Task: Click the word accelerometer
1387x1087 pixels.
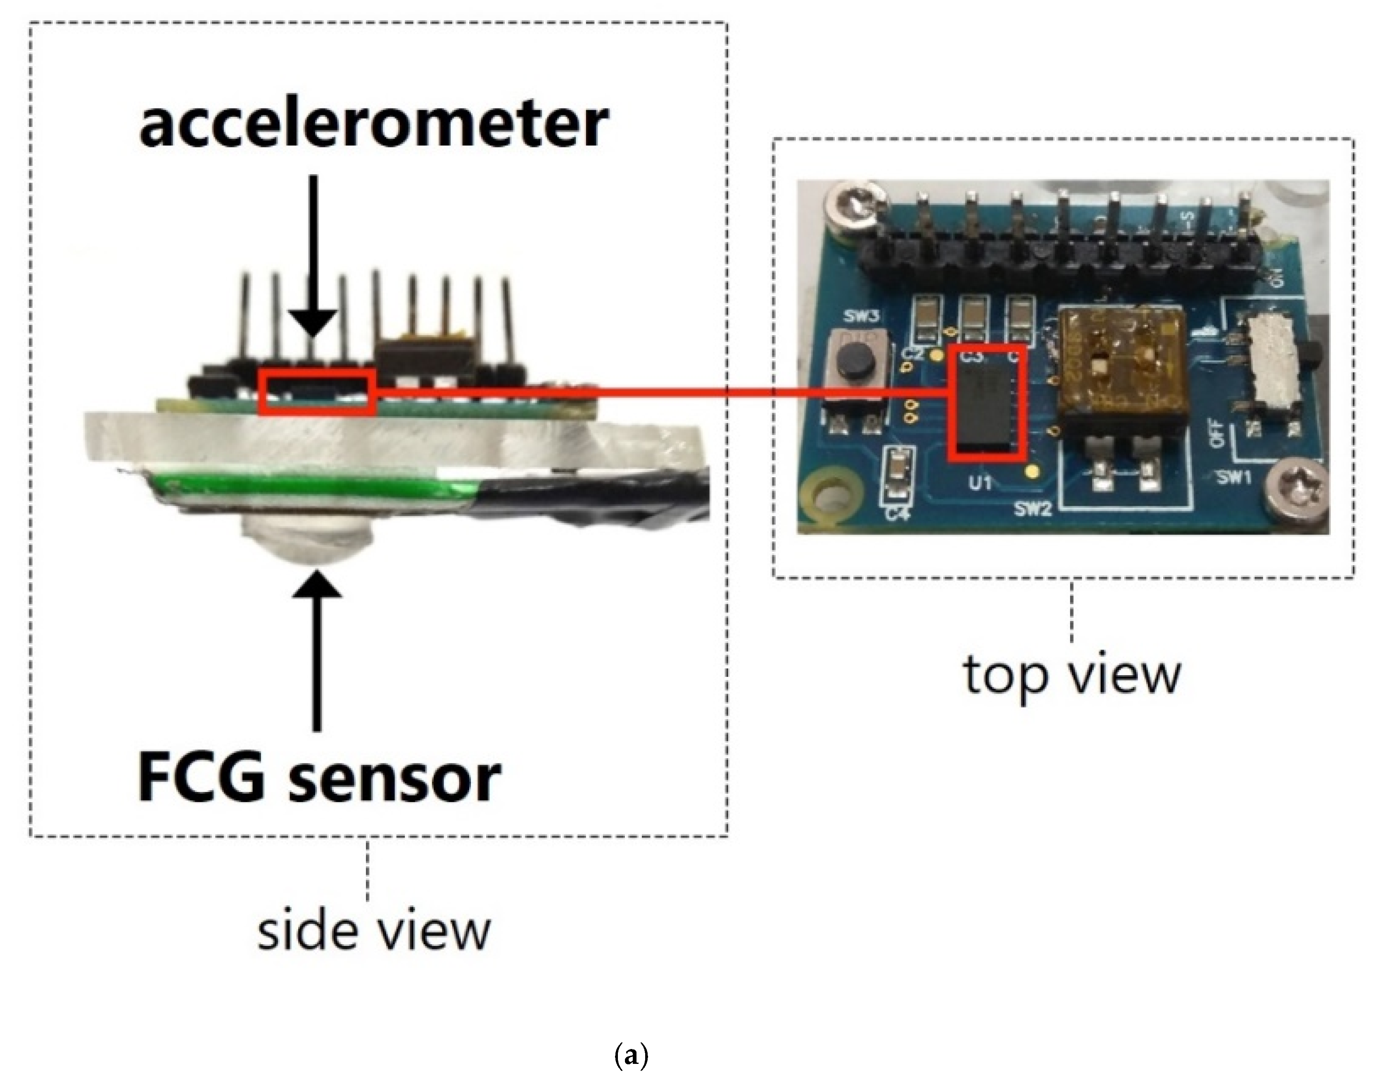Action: (x=374, y=125)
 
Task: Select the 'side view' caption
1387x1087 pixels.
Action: (x=374, y=932)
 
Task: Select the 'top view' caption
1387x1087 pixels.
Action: (x=1072, y=675)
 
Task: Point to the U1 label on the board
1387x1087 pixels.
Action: (x=981, y=484)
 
